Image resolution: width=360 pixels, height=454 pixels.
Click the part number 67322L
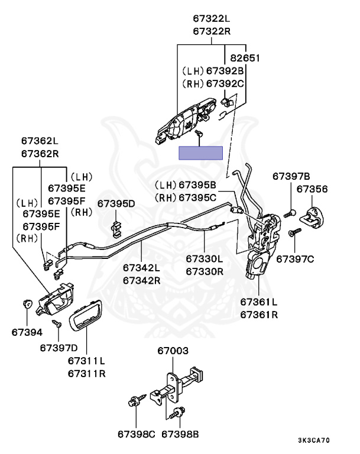pos(212,19)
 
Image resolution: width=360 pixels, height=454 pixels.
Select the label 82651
pos(245,58)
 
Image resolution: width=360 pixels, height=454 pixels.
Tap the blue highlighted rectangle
pos(201,153)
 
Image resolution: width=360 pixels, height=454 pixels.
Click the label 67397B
pos(291,176)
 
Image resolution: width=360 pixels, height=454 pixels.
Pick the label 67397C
pos(295,259)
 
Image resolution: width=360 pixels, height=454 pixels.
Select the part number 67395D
pos(116,203)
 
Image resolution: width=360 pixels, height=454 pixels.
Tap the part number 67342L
pos(142,268)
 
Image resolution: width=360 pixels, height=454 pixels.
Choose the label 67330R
pos(205,271)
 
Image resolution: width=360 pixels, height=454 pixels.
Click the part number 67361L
pos(259,301)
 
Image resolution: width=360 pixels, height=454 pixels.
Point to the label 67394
pos(27,332)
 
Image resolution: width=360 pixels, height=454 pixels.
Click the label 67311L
pos(86,361)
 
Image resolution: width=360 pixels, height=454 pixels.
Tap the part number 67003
pos(173,351)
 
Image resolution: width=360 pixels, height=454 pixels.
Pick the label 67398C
pos(135,434)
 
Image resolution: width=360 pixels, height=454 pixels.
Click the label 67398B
pos(180,434)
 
